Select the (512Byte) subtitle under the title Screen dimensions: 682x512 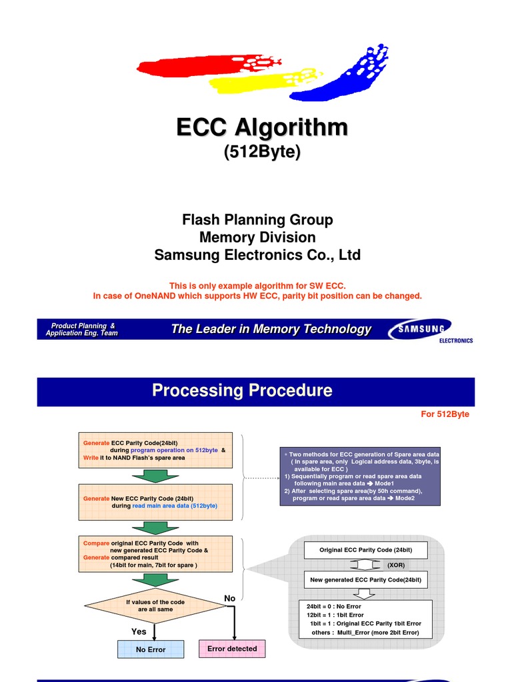(x=261, y=152)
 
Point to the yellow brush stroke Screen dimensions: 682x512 (x=253, y=81)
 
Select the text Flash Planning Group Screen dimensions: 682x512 (x=257, y=220)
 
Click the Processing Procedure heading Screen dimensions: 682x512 (x=242, y=390)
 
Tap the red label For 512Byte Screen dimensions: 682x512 (x=445, y=414)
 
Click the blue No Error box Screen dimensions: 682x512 (x=151, y=649)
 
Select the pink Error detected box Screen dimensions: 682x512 (x=232, y=649)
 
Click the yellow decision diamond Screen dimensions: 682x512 (x=155, y=605)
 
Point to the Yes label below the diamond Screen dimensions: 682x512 (x=139, y=631)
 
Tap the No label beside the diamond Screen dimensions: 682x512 (x=229, y=599)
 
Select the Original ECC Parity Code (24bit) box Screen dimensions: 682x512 (x=365, y=550)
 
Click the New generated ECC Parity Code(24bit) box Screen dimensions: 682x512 (x=365, y=580)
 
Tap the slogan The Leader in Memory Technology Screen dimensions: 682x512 (x=271, y=329)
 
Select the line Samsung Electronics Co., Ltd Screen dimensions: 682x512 (x=257, y=255)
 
